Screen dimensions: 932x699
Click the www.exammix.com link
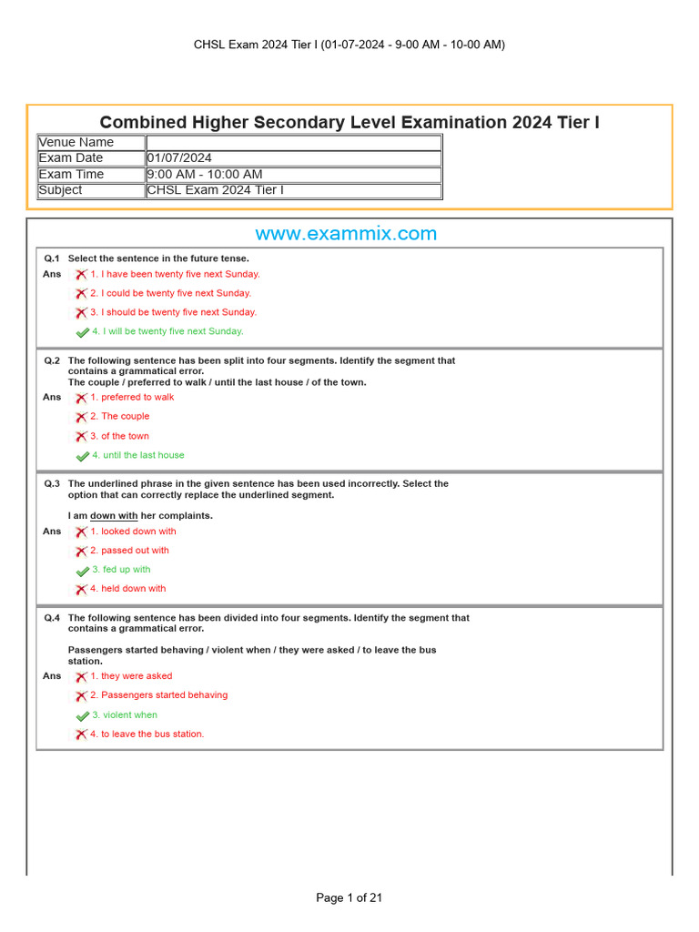point(346,234)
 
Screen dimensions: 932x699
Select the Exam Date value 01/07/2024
point(179,158)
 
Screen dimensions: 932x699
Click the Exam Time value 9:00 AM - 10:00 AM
point(205,174)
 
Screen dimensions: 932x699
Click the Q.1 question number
point(52,258)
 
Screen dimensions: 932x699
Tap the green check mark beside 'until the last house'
point(82,456)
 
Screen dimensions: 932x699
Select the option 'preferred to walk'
point(137,397)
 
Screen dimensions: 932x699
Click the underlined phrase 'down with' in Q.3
point(114,516)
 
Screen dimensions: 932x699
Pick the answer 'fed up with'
point(127,570)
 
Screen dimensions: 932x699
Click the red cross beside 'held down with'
point(81,590)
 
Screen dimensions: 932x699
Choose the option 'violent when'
point(129,715)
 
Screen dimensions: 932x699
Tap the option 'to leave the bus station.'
point(152,734)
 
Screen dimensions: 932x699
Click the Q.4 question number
point(52,618)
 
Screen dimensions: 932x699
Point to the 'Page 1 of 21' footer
point(349,897)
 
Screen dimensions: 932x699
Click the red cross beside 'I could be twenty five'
point(81,294)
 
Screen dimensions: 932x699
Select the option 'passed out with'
point(135,551)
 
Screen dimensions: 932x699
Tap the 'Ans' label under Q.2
point(52,397)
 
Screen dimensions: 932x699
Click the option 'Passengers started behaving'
point(164,695)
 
